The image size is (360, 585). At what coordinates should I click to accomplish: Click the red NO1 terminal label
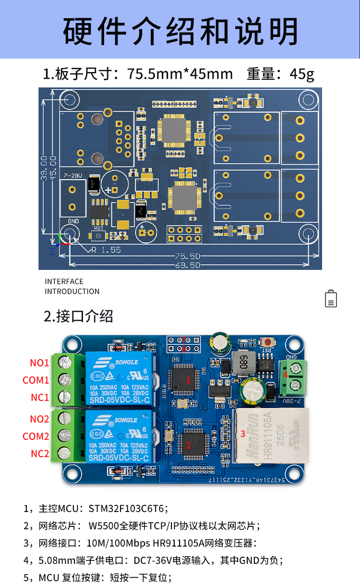point(39,363)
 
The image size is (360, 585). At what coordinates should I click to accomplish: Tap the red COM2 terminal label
point(36,437)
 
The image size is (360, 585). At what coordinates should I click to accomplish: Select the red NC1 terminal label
point(40,398)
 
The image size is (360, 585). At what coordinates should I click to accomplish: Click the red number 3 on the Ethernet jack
point(243,434)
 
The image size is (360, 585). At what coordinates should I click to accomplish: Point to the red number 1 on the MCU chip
point(188,379)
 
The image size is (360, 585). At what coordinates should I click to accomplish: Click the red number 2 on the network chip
point(188,445)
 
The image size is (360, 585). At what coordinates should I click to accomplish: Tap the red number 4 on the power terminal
point(285,375)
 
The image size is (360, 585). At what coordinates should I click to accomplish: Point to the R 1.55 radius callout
point(106,250)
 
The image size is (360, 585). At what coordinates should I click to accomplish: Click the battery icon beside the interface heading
point(331,299)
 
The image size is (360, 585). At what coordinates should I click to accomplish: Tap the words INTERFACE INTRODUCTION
point(72,286)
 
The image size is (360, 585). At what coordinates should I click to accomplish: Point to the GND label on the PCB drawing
point(73,221)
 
